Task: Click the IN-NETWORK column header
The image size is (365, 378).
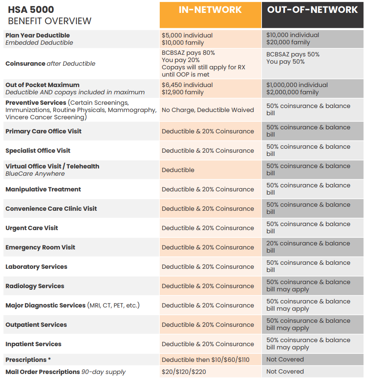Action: point(210,10)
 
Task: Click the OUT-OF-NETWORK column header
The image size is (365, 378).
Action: point(312,10)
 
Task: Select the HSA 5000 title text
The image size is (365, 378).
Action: point(31,10)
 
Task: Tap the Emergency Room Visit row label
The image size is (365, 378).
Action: point(40,247)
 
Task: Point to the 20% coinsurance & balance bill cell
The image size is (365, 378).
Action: point(308,247)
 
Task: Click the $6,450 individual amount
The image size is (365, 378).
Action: point(187,85)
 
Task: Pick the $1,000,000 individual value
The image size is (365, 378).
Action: point(297,85)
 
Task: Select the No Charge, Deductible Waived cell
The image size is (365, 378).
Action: point(208,110)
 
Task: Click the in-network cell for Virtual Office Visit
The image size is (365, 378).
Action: point(178,170)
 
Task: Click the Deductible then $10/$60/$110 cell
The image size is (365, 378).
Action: point(206,359)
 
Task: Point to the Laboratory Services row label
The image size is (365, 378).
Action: point(36,267)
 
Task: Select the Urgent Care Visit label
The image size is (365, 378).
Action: point(32,228)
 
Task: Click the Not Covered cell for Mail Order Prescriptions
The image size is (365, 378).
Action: point(285,372)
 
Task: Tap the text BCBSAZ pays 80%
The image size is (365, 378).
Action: point(188,53)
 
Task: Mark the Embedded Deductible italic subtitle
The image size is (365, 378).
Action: point(39,43)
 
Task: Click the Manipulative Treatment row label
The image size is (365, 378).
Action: point(43,189)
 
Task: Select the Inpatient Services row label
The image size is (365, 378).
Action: point(33,344)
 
